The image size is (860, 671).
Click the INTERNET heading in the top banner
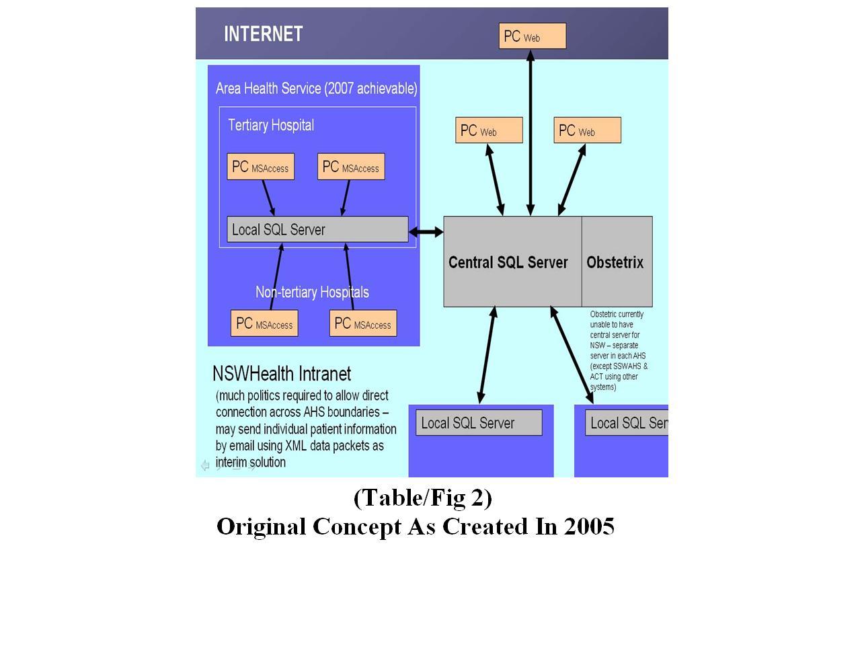point(263,34)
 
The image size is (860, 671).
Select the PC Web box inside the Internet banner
point(532,36)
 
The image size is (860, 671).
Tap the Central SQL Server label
point(508,262)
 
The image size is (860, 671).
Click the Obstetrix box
point(616,262)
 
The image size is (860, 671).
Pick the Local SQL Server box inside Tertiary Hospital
point(317,229)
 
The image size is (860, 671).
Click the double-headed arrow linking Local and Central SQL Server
point(426,232)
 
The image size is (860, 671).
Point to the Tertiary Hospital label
point(270,125)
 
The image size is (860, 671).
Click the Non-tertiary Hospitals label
point(312,292)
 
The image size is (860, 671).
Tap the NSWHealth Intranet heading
point(281,374)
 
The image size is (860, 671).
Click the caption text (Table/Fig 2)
point(422,498)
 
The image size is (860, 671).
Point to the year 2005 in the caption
point(589,526)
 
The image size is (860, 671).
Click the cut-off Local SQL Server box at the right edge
point(627,423)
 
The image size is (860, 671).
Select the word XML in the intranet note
point(296,446)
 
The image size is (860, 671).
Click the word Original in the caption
point(262,526)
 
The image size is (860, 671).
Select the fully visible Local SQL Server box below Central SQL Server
point(478,423)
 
